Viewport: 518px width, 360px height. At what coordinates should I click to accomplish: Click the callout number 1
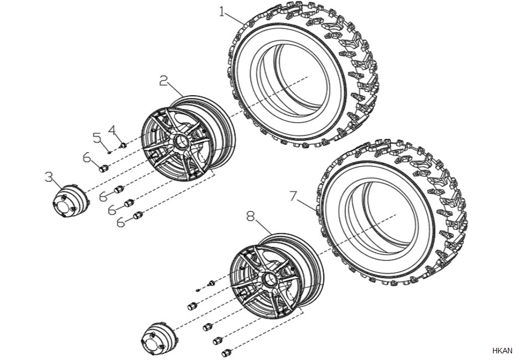click(x=222, y=12)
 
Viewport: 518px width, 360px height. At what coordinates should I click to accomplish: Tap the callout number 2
click(x=163, y=81)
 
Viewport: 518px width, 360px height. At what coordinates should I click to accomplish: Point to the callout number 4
click(x=112, y=130)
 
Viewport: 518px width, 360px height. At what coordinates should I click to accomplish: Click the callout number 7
click(x=293, y=196)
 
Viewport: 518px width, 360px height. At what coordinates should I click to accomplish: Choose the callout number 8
click(x=251, y=216)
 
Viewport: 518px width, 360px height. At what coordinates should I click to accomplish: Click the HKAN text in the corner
click(x=502, y=351)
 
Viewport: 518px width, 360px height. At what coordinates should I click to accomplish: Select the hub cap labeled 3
click(x=71, y=201)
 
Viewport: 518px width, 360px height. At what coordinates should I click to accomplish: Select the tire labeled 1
click(x=303, y=75)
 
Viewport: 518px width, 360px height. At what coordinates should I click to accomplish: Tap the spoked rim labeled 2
click(x=188, y=139)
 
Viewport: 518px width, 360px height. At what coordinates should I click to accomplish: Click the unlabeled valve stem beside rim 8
click(x=211, y=283)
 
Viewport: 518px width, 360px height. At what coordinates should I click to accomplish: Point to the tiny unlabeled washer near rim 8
click(x=198, y=290)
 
